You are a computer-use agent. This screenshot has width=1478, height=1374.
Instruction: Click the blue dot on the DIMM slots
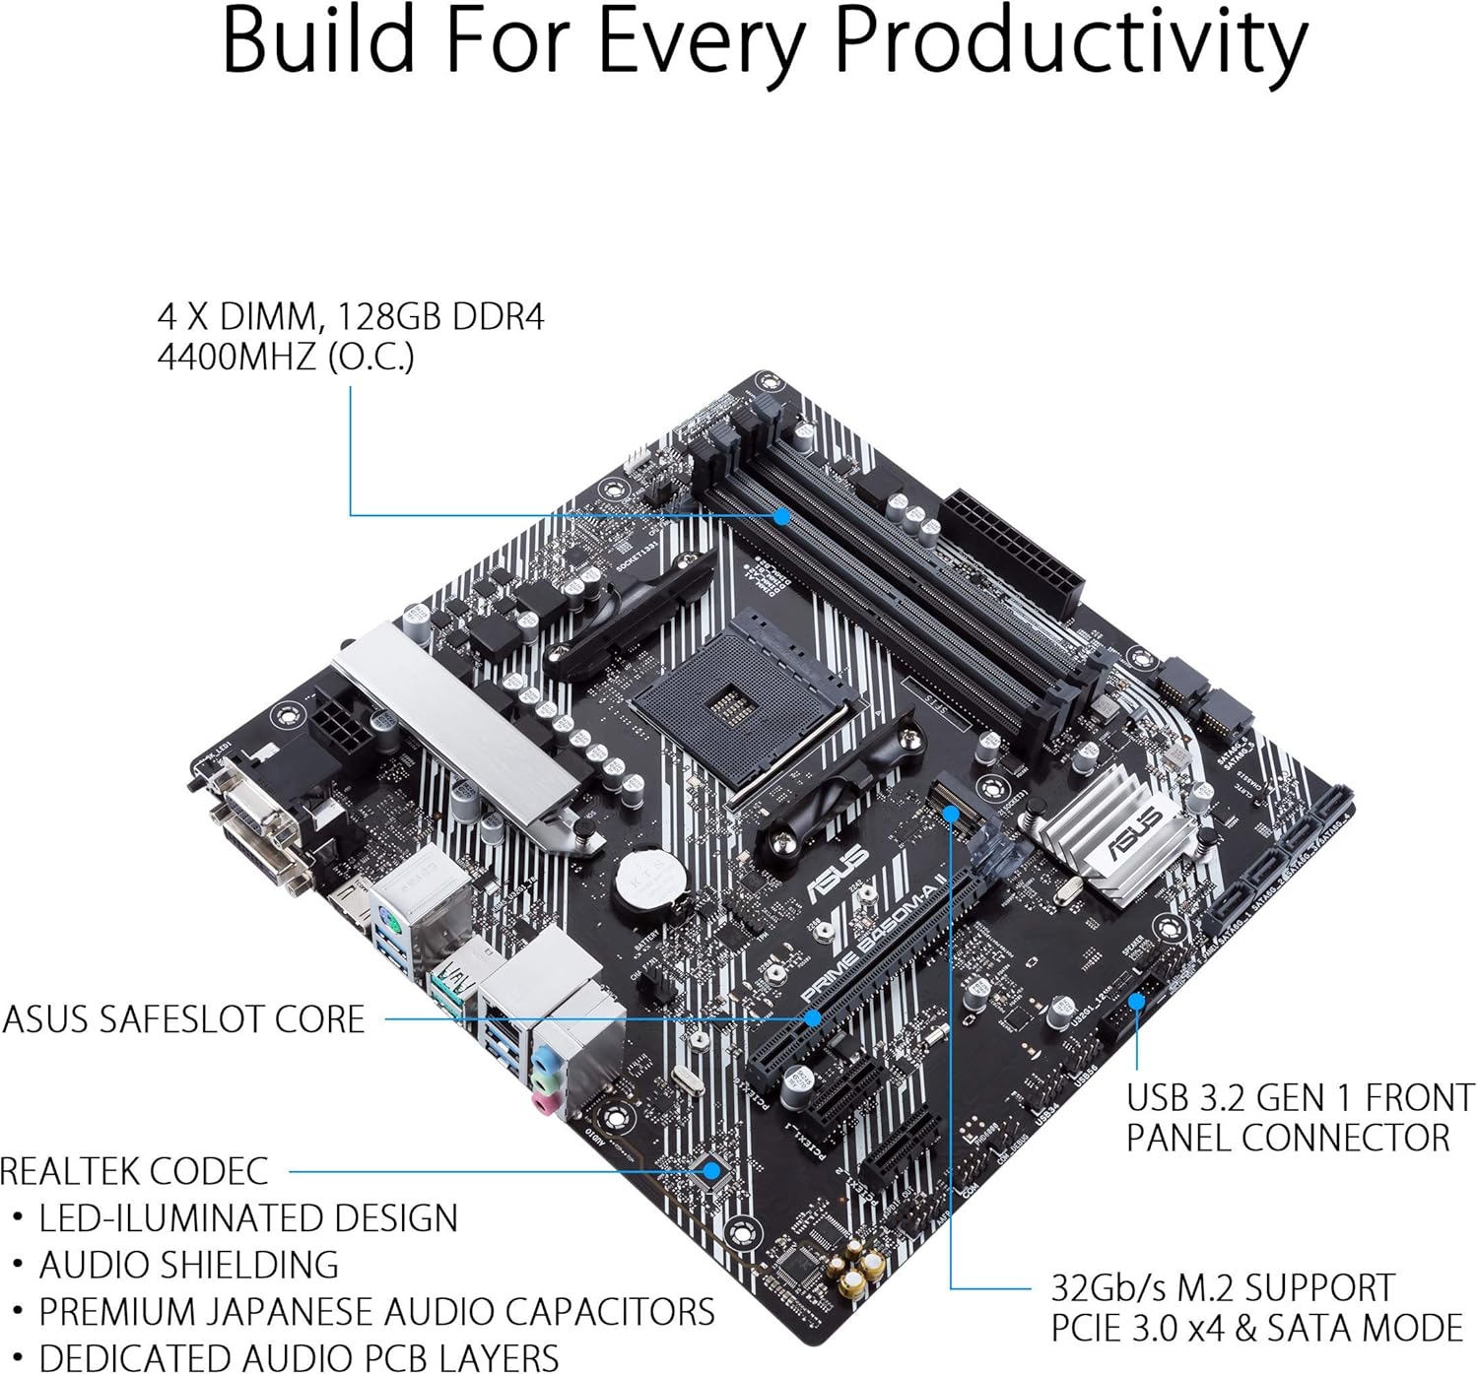coord(781,515)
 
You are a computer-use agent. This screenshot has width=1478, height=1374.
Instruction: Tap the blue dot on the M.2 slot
coord(951,814)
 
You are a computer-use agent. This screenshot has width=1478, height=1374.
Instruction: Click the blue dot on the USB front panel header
coord(1136,1001)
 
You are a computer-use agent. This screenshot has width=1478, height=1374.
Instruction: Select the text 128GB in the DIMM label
coord(391,317)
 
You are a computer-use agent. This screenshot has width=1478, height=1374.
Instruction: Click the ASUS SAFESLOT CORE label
coord(184,1019)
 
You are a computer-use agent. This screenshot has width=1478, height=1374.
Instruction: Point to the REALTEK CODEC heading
coord(134,1171)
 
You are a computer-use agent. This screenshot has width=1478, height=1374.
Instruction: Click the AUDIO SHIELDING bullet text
coord(188,1265)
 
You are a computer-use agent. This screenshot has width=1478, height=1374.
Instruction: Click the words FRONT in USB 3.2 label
coord(1418,1097)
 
